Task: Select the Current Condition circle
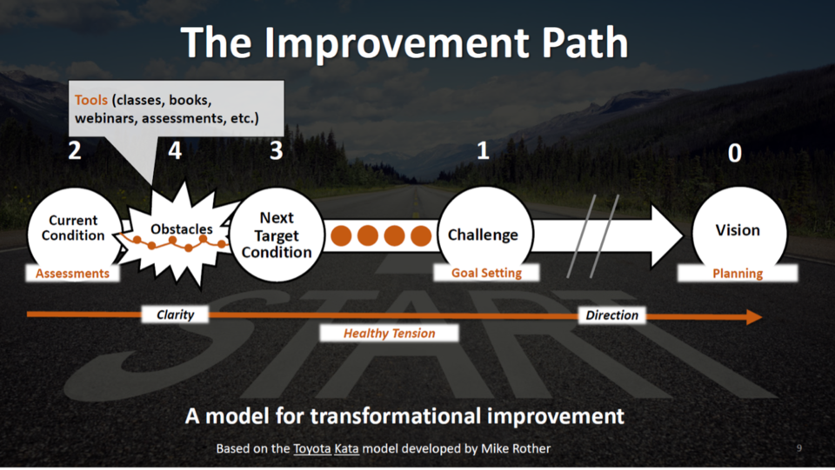pos(73,228)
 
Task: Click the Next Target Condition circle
pos(276,235)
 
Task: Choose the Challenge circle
pos(483,234)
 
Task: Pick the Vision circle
pos(738,230)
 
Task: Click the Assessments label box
pos(73,273)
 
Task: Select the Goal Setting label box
pos(486,273)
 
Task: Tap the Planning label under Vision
pos(738,273)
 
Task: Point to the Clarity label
pos(175,314)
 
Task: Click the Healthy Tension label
pos(389,333)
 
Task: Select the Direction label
pos(611,314)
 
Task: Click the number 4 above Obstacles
pos(176,151)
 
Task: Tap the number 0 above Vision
pos(735,154)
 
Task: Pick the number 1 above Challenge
pos(483,151)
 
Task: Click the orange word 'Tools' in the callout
pos(91,99)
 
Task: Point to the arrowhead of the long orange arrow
pos(753,317)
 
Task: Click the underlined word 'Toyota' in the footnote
pos(311,448)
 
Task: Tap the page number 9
pos(799,448)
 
